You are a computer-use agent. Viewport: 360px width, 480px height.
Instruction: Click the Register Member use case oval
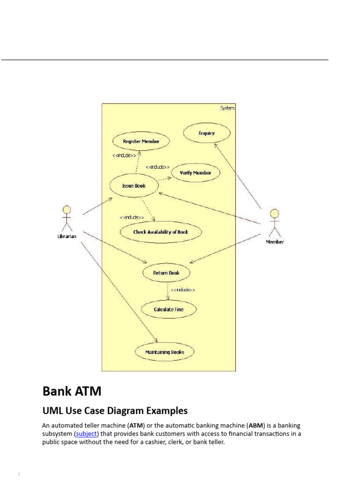[141, 141]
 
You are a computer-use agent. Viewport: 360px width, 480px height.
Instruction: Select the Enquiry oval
[206, 133]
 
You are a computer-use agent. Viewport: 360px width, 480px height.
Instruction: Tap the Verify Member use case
[195, 172]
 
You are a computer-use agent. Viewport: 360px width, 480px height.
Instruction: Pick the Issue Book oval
[134, 186]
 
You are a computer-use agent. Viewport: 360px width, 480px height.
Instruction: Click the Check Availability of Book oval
[161, 232]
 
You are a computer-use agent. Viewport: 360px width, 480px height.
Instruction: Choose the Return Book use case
[166, 272]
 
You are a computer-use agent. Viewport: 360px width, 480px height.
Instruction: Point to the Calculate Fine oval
[169, 309]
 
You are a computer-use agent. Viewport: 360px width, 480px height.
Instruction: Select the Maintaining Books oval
[165, 352]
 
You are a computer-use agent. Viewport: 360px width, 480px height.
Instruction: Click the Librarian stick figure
[67, 217]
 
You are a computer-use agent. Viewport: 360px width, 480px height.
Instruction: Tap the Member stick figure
[275, 222]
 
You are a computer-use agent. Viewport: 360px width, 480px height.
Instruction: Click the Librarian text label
[67, 236]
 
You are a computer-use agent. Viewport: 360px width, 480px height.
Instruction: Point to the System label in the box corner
[227, 108]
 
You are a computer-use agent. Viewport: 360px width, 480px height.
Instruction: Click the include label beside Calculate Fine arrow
[183, 290]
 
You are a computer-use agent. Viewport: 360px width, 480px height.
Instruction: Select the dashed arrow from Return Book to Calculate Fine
[167, 290]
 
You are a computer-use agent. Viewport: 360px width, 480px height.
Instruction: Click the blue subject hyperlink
[86, 434]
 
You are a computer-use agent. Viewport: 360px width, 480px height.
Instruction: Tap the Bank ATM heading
[72, 391]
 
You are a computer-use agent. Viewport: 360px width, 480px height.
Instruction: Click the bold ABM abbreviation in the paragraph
[256, 426]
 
